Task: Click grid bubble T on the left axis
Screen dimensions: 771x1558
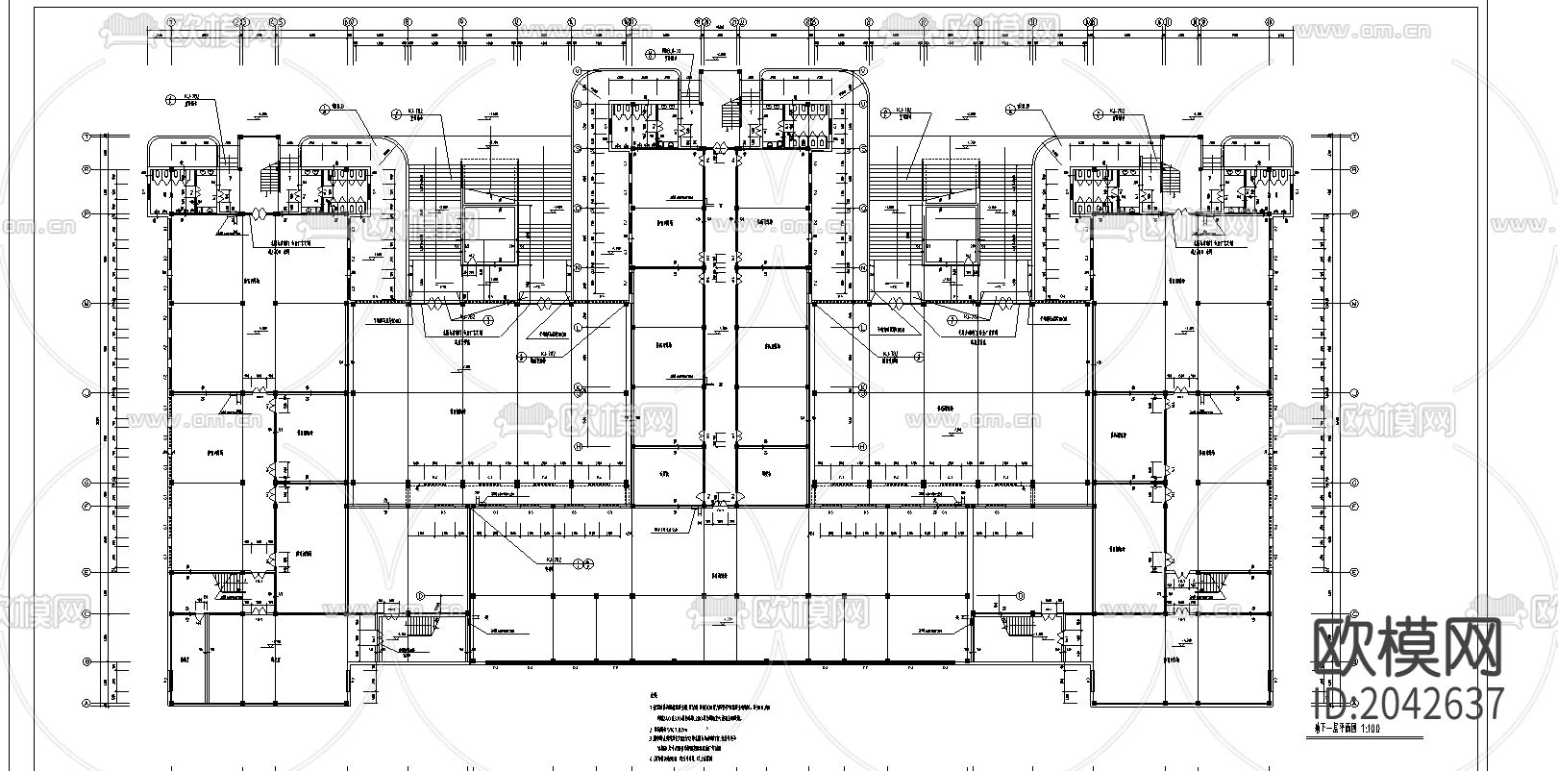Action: [87, 137]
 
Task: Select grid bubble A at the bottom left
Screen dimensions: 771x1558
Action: [87, 703]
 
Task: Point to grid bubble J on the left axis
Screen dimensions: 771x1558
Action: [87, 393]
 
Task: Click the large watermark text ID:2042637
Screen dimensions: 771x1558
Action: [1408, 703]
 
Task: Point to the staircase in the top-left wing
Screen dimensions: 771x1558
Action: [272, 178]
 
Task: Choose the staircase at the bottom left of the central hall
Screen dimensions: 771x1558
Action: [420, 626]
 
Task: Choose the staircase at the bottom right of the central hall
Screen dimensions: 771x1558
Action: [1022, 626]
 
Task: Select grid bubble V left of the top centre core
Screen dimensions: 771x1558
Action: [579, 70]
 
